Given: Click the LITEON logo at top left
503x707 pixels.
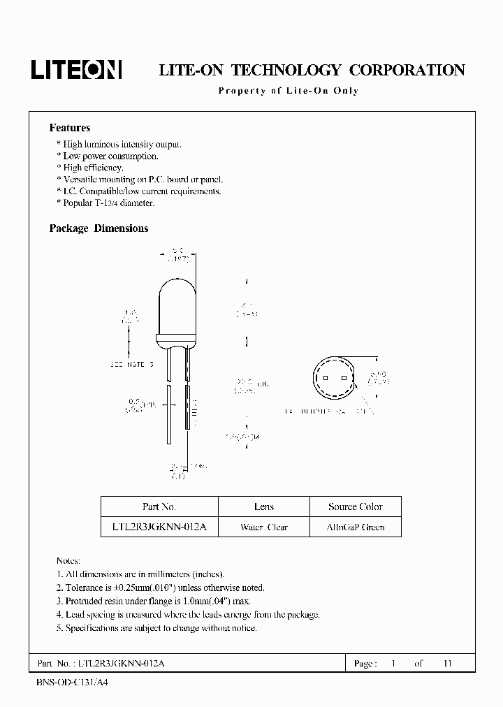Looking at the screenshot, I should [x=76, y=69].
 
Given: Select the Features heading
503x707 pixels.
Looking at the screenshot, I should [x=69, y=128].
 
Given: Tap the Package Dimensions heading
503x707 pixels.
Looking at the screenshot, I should [x=99, y=228].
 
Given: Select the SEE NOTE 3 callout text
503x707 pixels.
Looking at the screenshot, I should [x=131, y=365].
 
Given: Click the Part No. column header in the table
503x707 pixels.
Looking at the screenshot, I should [x=159, y=506].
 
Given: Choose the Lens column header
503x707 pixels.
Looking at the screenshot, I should [x=264, y=506].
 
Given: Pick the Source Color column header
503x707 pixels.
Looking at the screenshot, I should [x=355, y=506].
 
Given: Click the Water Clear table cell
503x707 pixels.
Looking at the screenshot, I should [x=264, y=527].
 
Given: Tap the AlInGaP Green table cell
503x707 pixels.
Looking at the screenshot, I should [x=355, y=527].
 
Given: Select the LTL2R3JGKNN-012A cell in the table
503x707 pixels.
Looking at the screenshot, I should [x=159, y=527].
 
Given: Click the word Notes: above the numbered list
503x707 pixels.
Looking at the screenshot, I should [x=68, y=561].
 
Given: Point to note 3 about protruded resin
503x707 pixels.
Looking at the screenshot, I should [x=158, y=601].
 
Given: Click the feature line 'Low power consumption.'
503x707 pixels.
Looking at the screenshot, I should [x=110, y=156].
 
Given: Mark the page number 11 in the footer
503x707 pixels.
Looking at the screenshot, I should [x=448, y=663].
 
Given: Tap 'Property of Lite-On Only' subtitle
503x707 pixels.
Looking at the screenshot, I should [x=288, y=92].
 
